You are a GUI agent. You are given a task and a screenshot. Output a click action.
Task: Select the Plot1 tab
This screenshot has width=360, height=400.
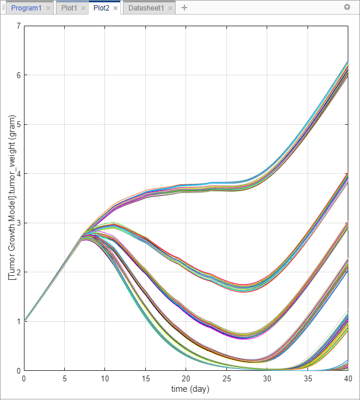click(69, 8)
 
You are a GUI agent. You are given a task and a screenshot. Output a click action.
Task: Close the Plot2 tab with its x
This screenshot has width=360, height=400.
click(116, 8)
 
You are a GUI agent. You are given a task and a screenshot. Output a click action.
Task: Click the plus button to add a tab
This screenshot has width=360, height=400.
click(184, 8)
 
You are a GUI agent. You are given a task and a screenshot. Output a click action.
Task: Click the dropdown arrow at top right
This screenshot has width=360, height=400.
click(348, 8)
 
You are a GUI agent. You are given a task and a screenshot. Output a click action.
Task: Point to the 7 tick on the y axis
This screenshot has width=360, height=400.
click(19, 26)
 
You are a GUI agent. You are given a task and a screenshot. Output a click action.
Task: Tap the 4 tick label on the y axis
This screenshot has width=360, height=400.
click(19, 174)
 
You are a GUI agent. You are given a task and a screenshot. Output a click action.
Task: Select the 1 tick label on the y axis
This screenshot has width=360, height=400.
click(19, 321)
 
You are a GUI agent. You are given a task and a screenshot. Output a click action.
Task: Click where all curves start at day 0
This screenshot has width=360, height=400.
click(24, 321)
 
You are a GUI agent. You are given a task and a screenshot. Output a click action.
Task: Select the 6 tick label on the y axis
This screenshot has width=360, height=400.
click(19, 75)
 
